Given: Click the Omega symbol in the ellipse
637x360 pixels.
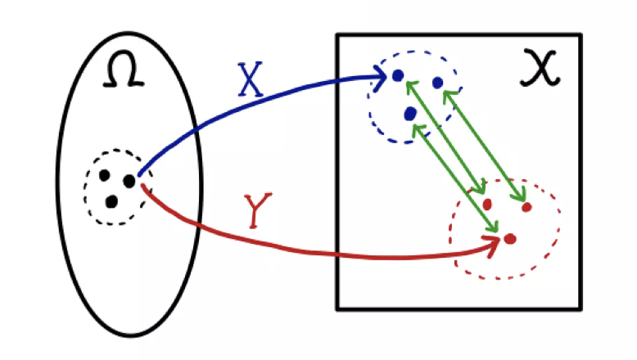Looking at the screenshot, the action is click(126, 74).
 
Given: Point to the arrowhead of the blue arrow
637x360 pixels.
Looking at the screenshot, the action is click(382, 77).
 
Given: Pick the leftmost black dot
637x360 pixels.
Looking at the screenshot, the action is click(104, 174).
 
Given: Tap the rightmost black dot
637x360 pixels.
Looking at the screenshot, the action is click(129, 180).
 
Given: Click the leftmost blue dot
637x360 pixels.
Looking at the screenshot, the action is click(397, 75).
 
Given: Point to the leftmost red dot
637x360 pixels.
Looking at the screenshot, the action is click(487, 204).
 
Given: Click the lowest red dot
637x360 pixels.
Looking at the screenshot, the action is click(509, 239).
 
